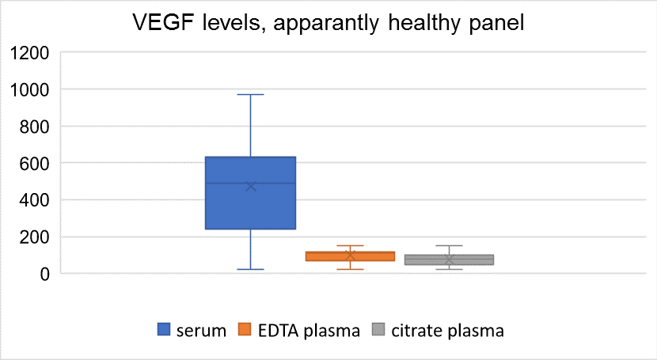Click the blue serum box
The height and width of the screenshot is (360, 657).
tap(251, 193)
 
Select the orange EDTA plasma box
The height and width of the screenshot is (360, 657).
tap(350, 256)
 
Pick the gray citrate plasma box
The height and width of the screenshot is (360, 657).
tap(449, 260)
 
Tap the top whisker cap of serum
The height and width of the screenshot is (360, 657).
tap(251, 95)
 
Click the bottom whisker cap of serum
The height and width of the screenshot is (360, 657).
tap(251, 269)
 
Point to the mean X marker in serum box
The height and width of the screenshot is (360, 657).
tap(251, 186)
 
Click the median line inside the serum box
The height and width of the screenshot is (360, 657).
tap(251, 183)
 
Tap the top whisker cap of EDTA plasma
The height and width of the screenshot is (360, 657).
tap(350, 246)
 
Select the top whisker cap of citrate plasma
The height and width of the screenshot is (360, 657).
tap(449, 246)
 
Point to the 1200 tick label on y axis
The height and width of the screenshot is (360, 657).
tap(29, 53)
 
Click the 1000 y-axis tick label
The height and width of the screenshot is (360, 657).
tap(29, 89)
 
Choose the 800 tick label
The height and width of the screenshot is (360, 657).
tap(34, 127)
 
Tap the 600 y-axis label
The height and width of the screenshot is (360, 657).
tap(34, 163)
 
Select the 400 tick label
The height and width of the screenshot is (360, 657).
tap(34, 200)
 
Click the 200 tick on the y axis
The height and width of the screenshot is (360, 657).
tap(34, 237)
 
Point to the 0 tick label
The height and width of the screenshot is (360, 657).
tap(44, 275)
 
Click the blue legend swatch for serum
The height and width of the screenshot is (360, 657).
tap(164, 329)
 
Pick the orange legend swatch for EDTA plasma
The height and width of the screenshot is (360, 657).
tap(245, 329)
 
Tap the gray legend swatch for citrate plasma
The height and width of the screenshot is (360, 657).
tap(378, 329)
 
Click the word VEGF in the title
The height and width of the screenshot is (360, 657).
tap(163, 22)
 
